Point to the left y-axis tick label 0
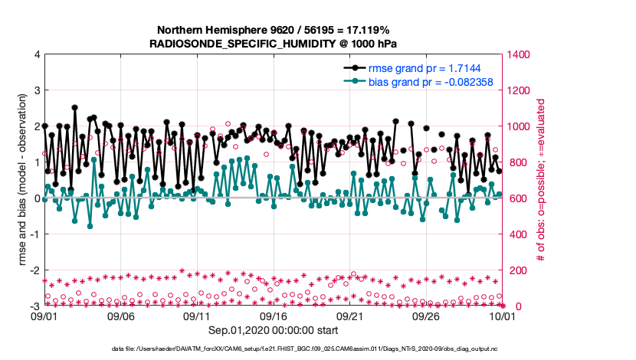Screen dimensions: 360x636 click(x=37, y=198)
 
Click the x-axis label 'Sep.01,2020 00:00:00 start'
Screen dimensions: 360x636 click(x=273, y=330)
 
